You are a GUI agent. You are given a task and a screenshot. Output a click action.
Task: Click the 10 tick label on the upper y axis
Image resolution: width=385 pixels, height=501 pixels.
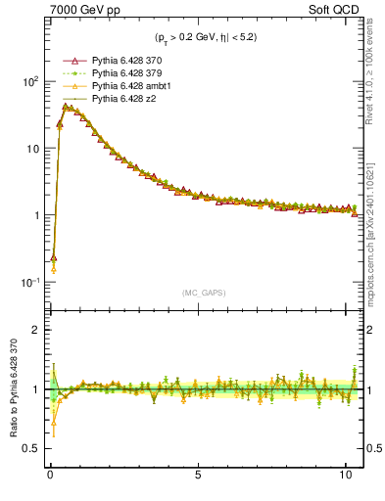click(30, 149)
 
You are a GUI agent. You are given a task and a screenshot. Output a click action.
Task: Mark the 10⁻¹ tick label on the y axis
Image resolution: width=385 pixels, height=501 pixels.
click(27, 283)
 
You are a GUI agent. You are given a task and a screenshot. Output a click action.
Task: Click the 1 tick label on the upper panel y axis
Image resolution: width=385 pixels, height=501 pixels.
click(34, 215)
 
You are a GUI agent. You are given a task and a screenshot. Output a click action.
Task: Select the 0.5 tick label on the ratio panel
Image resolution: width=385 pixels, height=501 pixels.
click(29, 449)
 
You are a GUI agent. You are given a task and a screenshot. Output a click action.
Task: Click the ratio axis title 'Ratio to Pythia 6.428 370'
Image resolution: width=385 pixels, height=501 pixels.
click(11, 389)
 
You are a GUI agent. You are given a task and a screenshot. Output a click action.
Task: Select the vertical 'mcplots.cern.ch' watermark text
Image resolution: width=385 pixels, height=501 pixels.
click(376, 225)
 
